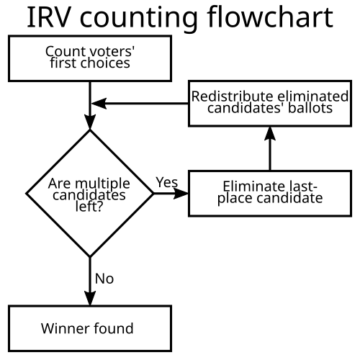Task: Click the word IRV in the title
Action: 49,17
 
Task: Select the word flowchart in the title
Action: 271,17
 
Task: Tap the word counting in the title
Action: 139,19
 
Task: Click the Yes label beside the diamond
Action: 167,182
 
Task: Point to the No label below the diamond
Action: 104,279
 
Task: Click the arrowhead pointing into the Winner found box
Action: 90,298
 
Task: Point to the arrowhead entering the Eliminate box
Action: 181,194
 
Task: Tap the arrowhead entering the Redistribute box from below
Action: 270,133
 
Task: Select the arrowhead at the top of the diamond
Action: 90,122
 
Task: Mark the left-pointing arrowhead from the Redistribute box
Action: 99,104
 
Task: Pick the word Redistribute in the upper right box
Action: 233,96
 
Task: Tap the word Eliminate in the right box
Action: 254,186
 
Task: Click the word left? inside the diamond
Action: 89,206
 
